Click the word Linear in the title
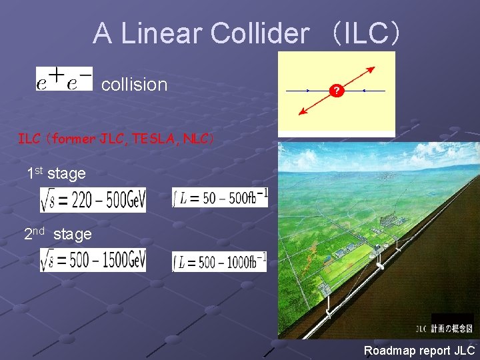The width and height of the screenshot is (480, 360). point(166,33)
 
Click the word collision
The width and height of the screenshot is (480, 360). point(134,85)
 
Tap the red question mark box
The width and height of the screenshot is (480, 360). point(337,91)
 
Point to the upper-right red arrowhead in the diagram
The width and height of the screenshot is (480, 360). point(372,69)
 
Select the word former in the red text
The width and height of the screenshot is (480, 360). point(72,139)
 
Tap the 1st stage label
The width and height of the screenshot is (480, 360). point(56,173)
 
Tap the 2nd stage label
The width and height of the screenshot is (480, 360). point(57,234)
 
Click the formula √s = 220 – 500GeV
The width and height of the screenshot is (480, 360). point(93,199)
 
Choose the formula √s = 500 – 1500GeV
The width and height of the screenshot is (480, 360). point(93,260)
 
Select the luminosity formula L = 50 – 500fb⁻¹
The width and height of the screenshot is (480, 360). point(220,197)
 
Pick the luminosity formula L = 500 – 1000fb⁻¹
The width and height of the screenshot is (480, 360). point(219,261)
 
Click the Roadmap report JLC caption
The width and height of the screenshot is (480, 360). point(419,350)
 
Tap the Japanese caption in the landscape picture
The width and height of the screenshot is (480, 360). point(452,328)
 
